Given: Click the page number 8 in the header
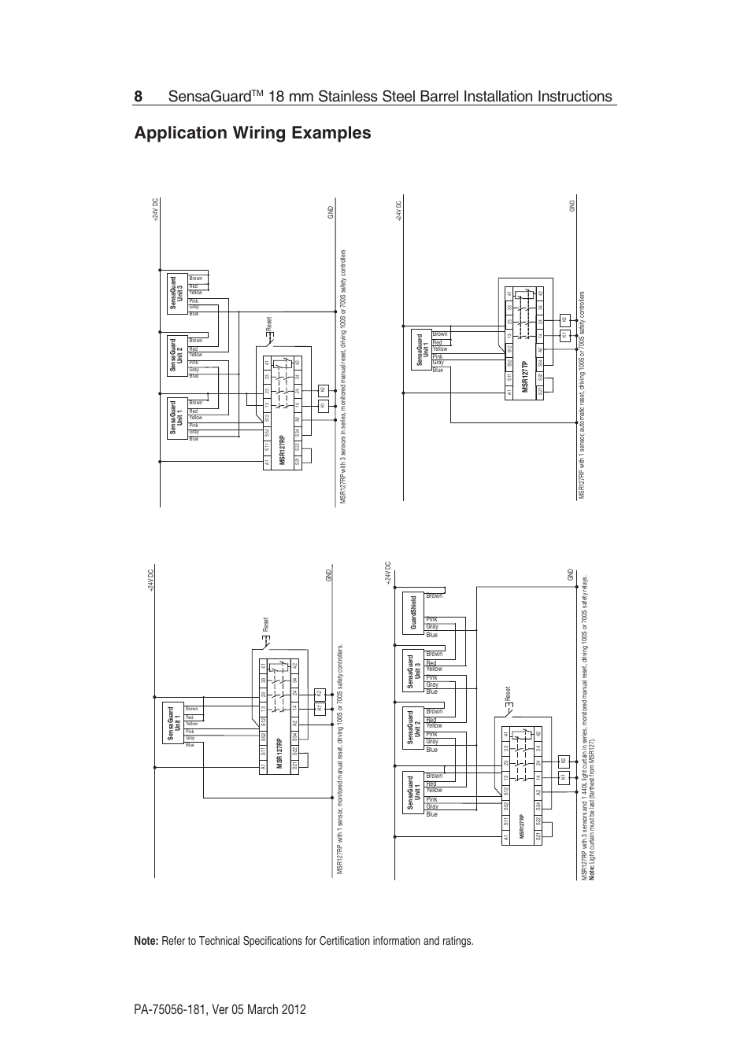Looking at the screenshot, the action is [139, 96].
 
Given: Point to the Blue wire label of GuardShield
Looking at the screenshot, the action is [431, 635].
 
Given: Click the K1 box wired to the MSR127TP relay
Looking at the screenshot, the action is [564, 334].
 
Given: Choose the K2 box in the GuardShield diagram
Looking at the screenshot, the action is [563, 761].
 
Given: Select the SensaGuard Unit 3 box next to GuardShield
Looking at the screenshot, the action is [411, 672].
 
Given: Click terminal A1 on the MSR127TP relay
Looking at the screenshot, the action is [510, 391].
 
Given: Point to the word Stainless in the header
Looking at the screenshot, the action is [357, 96].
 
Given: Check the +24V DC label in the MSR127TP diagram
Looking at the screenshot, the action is [399, 211].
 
